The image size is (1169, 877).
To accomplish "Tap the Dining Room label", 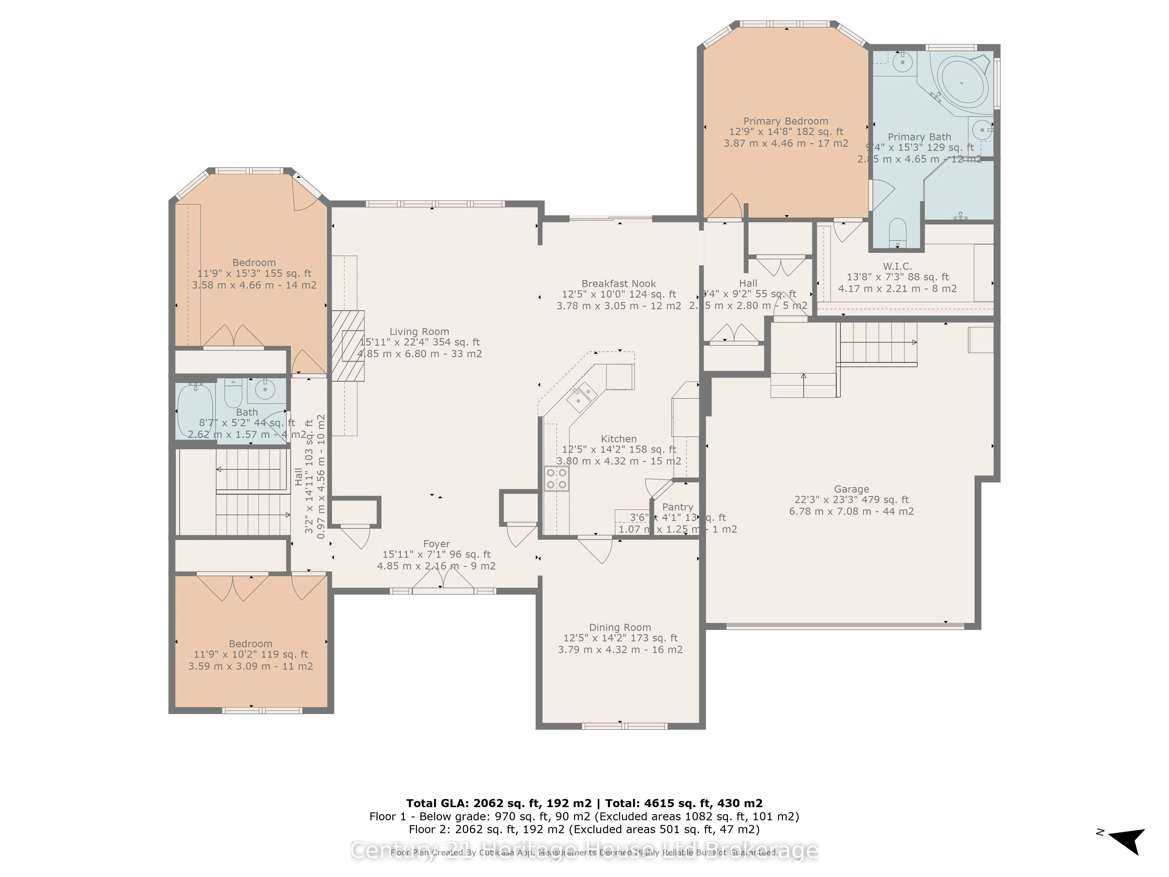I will point(620,627).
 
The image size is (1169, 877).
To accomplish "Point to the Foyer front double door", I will point(443,581).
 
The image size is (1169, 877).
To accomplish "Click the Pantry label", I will point(677,507).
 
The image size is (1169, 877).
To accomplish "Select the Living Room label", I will point(419,332).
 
